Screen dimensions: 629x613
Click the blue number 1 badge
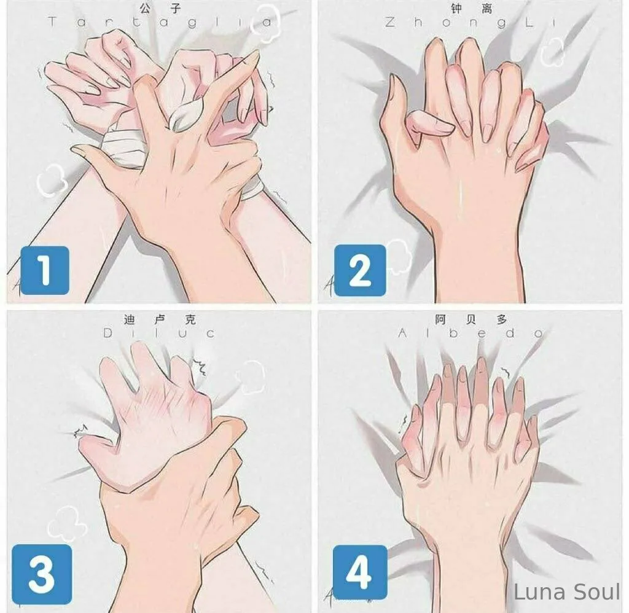coord(44,270)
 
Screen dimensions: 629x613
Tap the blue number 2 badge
coord(360,270)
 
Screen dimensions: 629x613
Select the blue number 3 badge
coord(42,574)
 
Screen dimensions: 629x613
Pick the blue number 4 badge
coord(360,572)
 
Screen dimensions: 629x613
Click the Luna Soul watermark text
coord(567,592)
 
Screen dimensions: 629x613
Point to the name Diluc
coord(159,332)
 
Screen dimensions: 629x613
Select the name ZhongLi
coord(470,23)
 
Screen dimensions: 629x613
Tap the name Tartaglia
coord(160,22)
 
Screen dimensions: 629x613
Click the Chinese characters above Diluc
coord(160,320)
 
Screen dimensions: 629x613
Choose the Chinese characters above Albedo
coord(471,319)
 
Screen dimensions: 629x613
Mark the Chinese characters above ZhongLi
coord(471,9)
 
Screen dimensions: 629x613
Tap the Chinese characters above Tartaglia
coord(160,9)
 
